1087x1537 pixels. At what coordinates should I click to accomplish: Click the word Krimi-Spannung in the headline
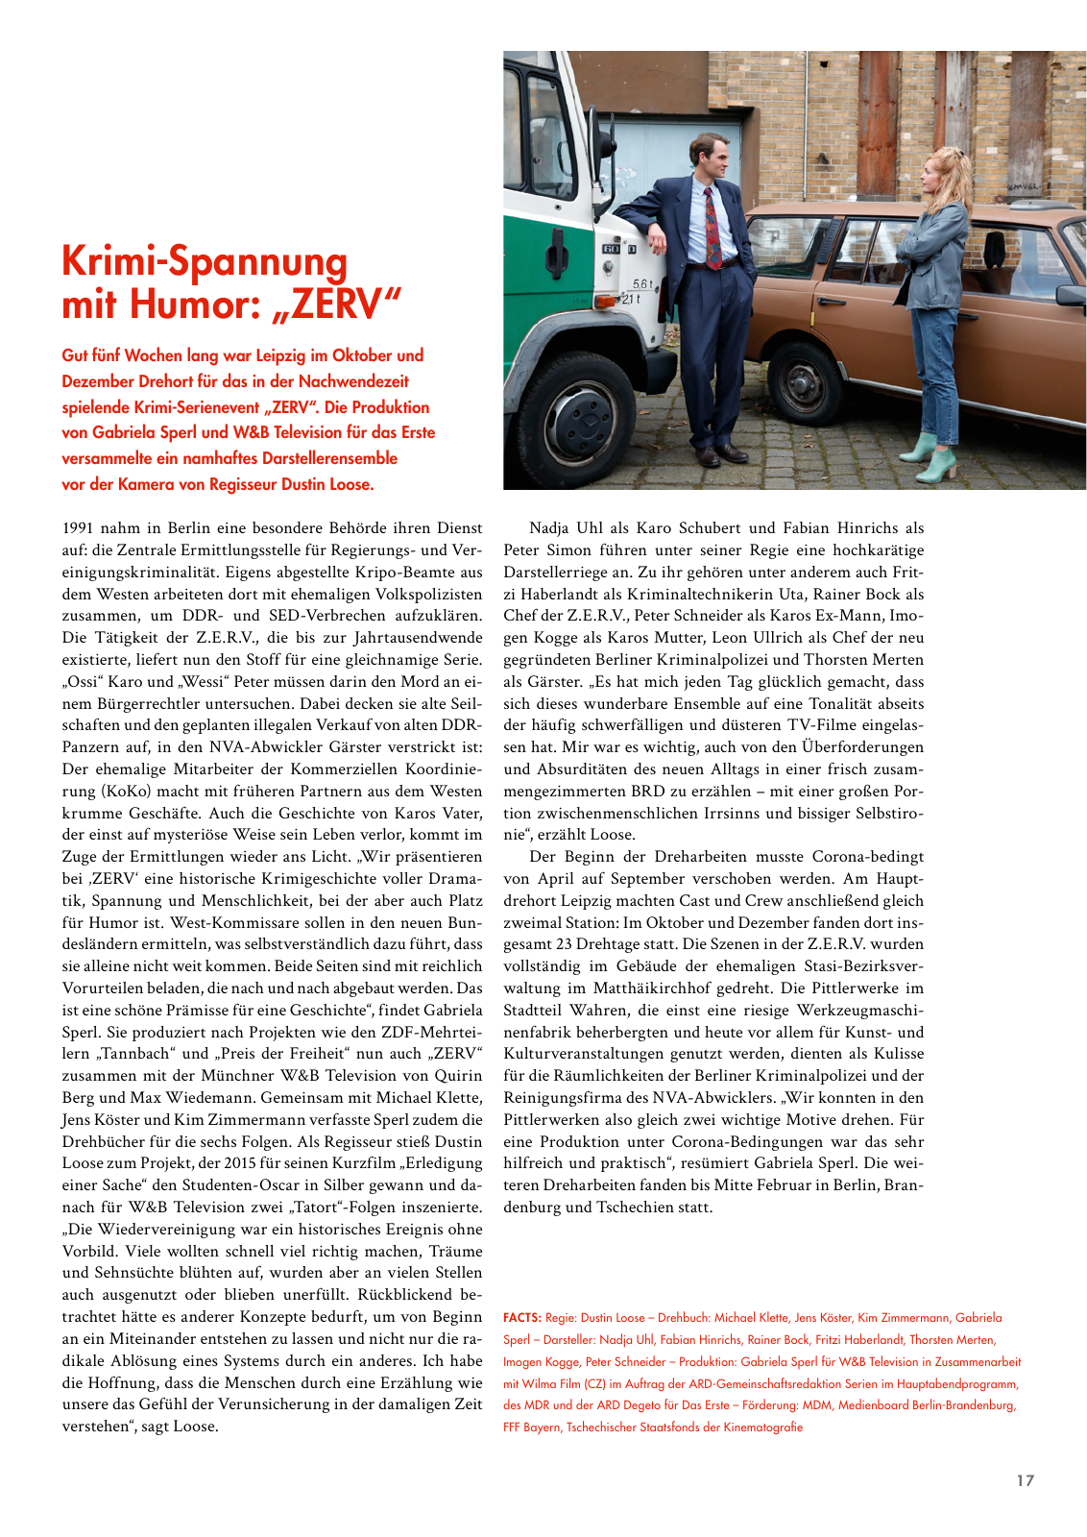pos(205,262)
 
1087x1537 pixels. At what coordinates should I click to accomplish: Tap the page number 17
pos(1026,1480)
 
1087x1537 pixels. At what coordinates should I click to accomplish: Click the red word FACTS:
pos(521,1318)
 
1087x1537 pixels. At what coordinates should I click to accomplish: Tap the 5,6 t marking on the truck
pos(642,284)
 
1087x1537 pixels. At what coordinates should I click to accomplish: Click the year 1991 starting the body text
pos(79,528)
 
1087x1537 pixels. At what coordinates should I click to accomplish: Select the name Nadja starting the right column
pos(548,528)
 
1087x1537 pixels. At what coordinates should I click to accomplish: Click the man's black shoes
pos(720,453)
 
